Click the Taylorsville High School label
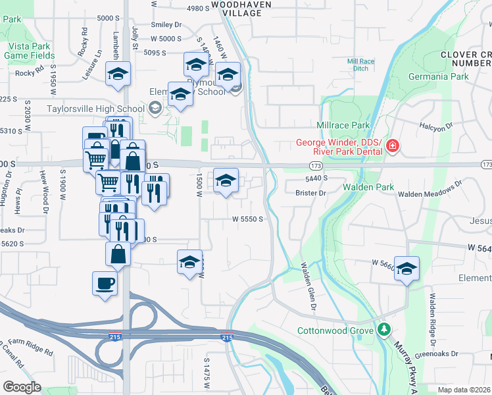(x=95, y=109)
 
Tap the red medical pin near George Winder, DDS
(x=393, y=145)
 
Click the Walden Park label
(x=368, y=188)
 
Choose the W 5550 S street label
(x=248, y=219)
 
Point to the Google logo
(x=22, y=387)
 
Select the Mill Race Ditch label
(x=361, y=65)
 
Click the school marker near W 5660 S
(x=407, y=269)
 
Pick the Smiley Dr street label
(x=166, y=25)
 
